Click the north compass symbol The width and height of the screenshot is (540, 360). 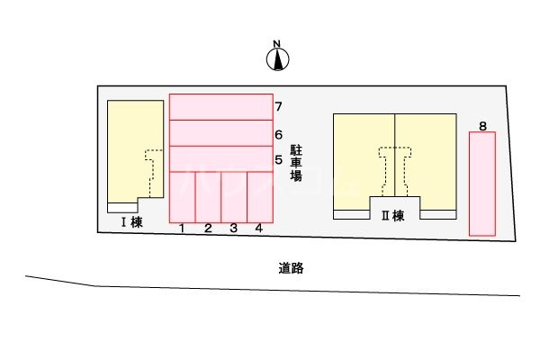tap(278, 58)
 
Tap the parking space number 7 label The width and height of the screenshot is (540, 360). tap(279, 107)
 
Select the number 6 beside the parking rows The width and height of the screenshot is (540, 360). tap(279, 134)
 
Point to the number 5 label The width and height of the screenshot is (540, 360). tap(279, 159)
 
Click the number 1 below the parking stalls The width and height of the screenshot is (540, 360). tap(182, 229)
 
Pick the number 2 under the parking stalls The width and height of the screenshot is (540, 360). tap(207, 229)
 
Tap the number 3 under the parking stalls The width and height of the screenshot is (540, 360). tap(233, 229)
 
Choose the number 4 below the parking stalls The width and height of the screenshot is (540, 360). tap(259, 229)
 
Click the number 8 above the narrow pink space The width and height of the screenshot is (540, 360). tap(483, 126)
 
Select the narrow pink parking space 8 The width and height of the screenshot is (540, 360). tap(482, 184)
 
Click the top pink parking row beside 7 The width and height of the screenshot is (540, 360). tap(220, 106)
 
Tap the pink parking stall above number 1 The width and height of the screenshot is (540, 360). tap(183, 195)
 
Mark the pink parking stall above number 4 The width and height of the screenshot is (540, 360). tap(259, 195)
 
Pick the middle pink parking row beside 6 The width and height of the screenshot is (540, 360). tap(220, 132)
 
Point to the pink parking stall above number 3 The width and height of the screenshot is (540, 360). tap(234, 195)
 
